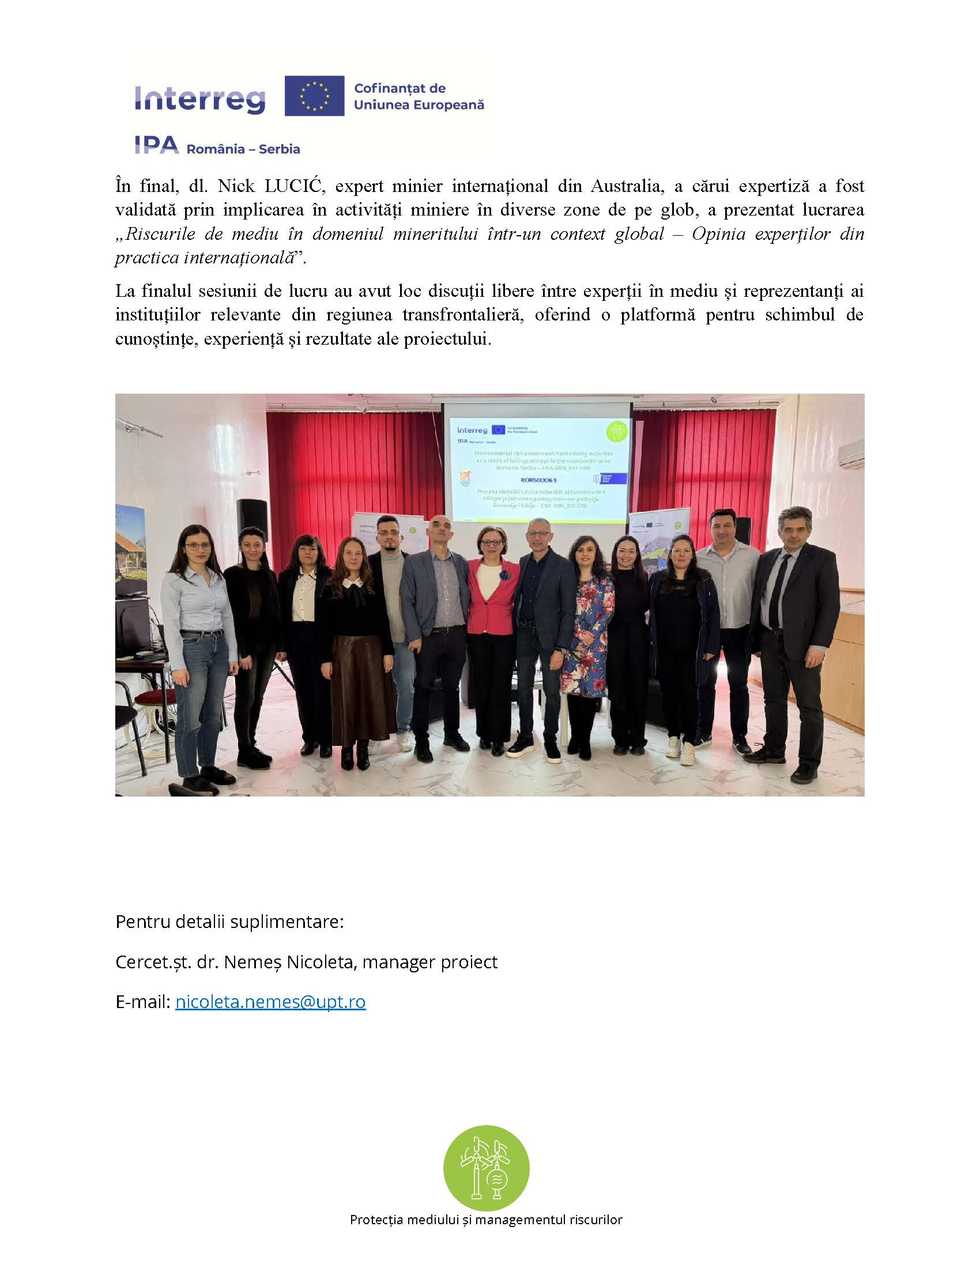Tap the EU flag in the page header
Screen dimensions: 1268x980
pos(314,96)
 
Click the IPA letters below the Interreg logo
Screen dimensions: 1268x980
pos(156,146)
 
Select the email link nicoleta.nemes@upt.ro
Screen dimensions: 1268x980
pos(270,1002)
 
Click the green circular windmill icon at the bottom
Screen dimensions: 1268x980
pos(486,1168)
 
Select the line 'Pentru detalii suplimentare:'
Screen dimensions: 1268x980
pos(229,922)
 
